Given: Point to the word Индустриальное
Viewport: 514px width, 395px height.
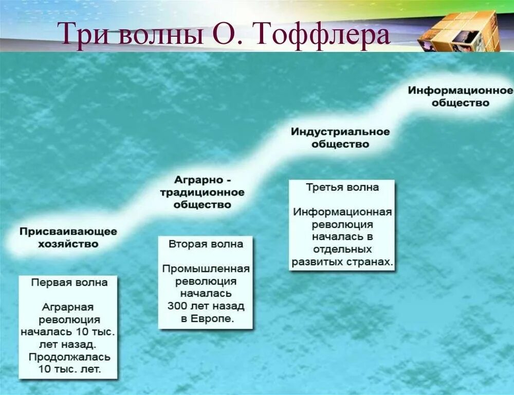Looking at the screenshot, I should point(340,132).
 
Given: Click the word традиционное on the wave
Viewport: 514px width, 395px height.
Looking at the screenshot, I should point(202,192).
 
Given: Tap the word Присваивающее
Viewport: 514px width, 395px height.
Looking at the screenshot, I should point(68,232).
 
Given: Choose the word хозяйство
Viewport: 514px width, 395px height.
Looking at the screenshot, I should point(68,244).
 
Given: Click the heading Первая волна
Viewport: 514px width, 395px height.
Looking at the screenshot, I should point(69,282).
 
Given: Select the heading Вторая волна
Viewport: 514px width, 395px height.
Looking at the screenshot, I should point(206,244).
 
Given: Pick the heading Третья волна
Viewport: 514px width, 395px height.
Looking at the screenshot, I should point(342,187).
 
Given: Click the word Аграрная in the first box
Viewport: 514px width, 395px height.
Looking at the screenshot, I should point(67,307).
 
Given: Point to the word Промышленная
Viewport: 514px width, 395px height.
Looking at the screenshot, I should point(206,269).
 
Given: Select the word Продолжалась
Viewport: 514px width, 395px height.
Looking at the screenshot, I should point(69,357).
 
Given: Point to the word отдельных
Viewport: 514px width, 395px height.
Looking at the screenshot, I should point(342,249).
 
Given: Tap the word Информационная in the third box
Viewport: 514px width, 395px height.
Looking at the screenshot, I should point(342,212).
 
